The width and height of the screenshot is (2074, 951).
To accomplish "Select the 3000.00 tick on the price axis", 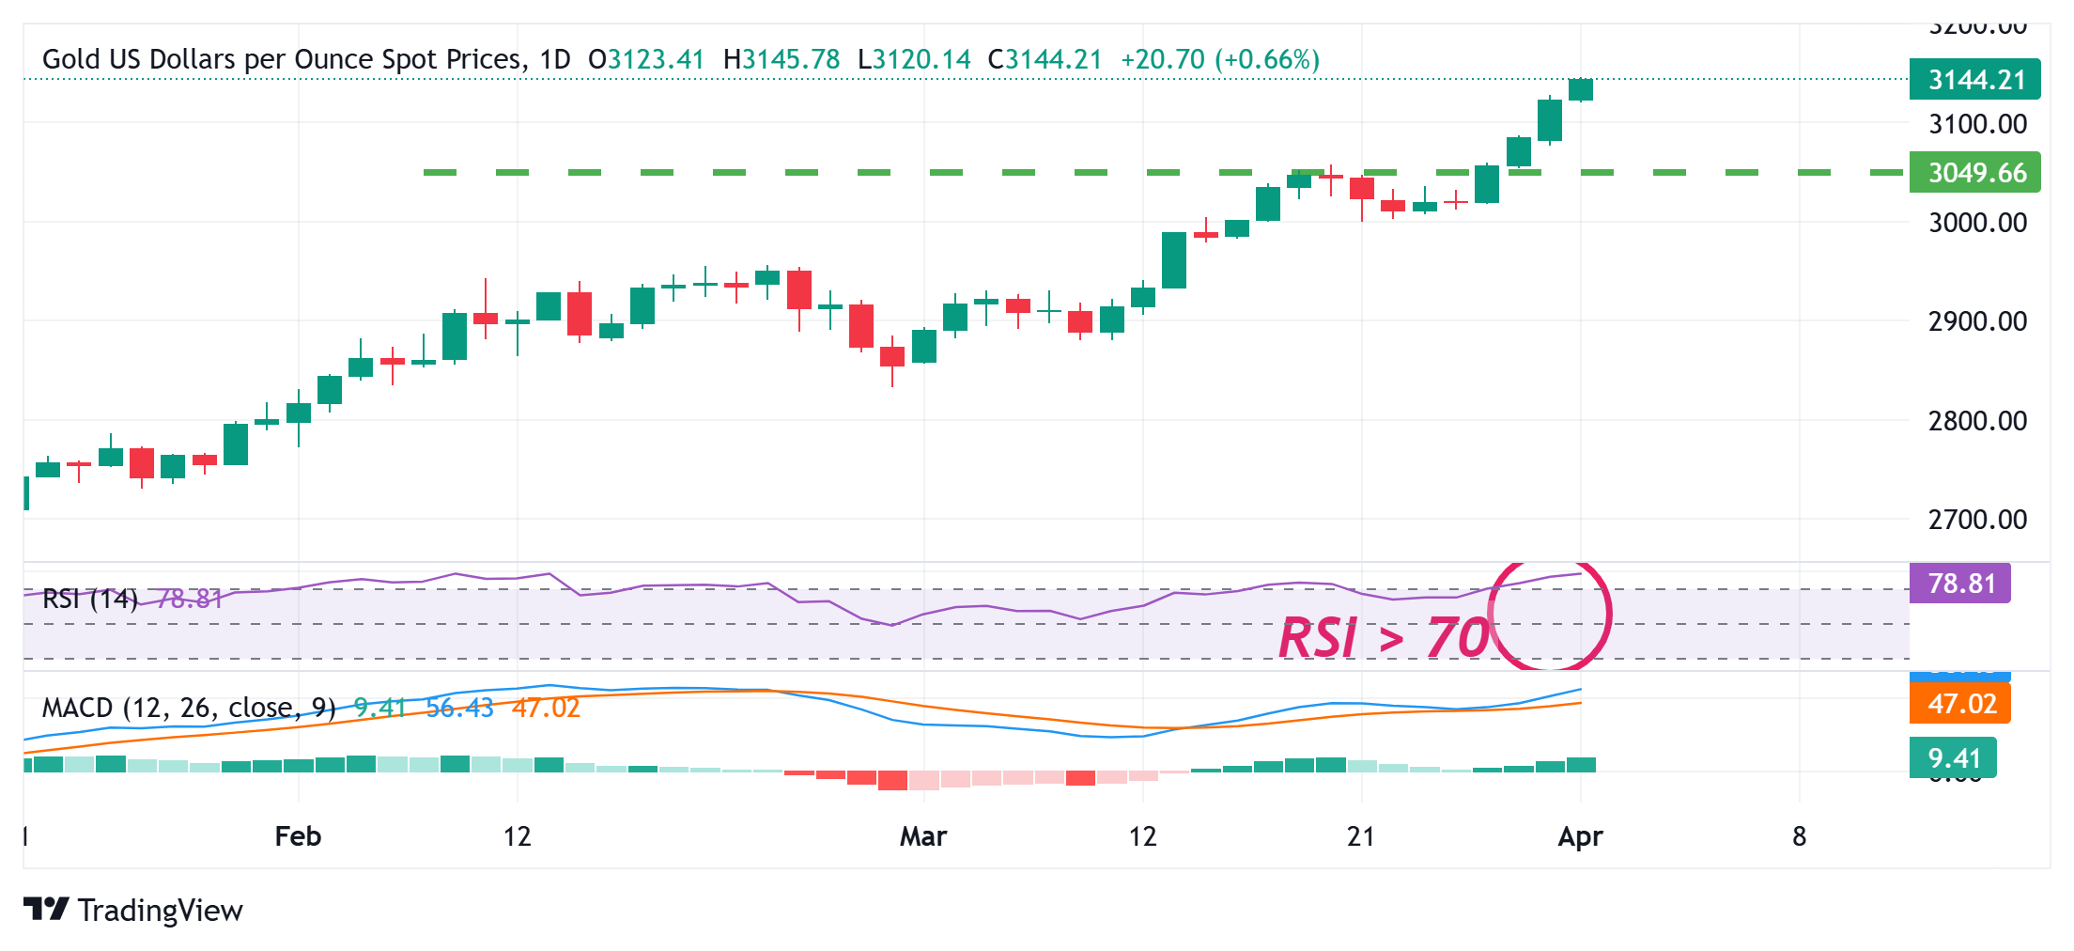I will click(1977, 223).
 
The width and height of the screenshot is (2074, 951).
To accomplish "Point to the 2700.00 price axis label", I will click(1977, 519).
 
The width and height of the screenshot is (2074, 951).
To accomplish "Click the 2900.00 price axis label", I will click(1977, 321).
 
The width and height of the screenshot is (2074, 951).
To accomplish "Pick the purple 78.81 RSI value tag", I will click(1960, 584).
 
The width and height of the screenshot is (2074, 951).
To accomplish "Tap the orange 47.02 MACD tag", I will click(1960, 704).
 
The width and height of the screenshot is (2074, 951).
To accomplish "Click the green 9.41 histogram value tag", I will click(1954, 758).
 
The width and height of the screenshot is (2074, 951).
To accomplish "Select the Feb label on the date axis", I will click(298, 836).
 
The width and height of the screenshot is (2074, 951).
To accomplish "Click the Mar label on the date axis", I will click(923, 836).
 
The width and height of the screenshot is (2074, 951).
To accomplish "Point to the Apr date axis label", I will click(1580, 836).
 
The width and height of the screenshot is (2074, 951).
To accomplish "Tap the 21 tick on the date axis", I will click(1360, 836).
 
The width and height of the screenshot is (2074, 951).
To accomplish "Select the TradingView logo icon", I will click(46, 910).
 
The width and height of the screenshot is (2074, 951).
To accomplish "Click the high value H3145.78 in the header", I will click(782, 59).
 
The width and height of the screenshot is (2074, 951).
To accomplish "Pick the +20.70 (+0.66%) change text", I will click(1220, 59).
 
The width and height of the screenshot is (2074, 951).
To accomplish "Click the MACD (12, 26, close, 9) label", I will click(189, 708).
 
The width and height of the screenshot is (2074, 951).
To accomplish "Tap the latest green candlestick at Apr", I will click(1581, 90).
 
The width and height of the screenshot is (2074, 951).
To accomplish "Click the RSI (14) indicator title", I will click(90, 599).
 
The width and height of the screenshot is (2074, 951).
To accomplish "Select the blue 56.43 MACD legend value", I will click(459, 708).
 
